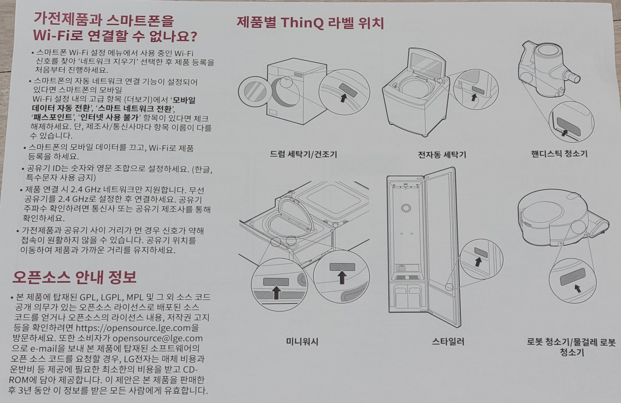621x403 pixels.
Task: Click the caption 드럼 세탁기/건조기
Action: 303,154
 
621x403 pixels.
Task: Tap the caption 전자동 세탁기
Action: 442,155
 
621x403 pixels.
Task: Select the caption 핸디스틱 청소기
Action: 559,154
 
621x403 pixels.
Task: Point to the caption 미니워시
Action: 302,342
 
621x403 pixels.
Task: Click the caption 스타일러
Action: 448,342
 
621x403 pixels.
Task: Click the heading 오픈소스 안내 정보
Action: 74,277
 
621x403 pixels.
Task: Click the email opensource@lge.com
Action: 157,338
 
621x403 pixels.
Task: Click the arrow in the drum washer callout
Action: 343,98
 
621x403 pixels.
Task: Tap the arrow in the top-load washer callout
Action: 474,97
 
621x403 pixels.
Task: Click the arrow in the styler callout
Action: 478,262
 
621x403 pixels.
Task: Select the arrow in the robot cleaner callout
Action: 578,288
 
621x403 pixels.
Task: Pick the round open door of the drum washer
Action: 255,93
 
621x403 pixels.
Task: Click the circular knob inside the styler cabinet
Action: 406,208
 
